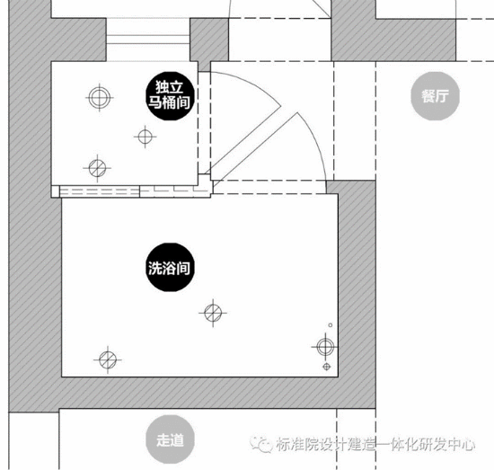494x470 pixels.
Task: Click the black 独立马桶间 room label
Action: (170, 96)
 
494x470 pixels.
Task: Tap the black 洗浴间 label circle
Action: (170, 267)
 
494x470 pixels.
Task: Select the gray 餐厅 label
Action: (435, 96)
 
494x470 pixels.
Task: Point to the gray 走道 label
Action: (170, 439)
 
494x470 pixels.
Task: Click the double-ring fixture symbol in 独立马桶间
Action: (99, 97)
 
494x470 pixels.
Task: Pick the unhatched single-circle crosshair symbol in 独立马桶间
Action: (145, 137)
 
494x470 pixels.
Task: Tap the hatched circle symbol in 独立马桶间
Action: (97, 168)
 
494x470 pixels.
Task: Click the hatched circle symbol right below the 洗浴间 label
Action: (213, 313)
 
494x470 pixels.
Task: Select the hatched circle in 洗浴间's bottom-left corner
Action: (108, 359)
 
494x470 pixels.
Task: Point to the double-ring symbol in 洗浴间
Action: (325, 346)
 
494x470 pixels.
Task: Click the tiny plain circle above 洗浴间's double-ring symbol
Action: (331, 325)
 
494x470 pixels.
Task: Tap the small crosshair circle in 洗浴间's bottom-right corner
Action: (327, 367)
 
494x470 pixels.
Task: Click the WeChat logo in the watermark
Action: (261, 444)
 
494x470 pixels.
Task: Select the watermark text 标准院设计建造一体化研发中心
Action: (375, 444)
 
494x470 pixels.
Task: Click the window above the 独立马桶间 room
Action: (148, 40)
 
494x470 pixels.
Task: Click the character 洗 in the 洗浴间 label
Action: (155, 269)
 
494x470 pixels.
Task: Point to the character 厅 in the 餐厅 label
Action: (442, 96)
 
